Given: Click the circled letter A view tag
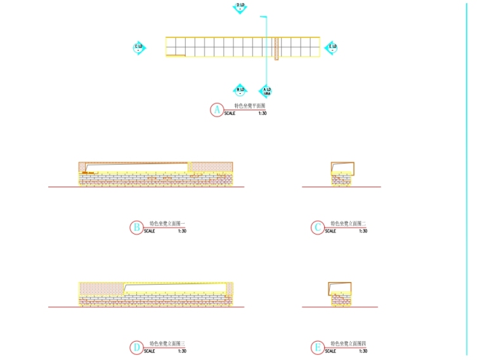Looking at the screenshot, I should point(217,110).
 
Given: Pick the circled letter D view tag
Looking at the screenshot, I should point(136,348).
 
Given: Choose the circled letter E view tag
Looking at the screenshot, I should point(317,348).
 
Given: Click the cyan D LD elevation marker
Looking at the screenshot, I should point(240,7).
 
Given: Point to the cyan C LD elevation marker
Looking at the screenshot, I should point(139,48).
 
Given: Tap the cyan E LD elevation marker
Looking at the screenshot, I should point(332,48).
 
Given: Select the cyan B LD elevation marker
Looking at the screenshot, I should point(240,91).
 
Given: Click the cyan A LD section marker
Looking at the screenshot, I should point(266,91).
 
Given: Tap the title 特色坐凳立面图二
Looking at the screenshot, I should point(345,224).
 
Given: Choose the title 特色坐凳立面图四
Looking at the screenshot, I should point(345,344).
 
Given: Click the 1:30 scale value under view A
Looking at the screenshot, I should point(263,113).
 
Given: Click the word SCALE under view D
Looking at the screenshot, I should point(150,351).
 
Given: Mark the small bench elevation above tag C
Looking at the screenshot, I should point(342,174).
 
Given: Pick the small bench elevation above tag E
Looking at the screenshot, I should point(340,294).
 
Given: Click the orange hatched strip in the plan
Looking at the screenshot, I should point(277,48).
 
